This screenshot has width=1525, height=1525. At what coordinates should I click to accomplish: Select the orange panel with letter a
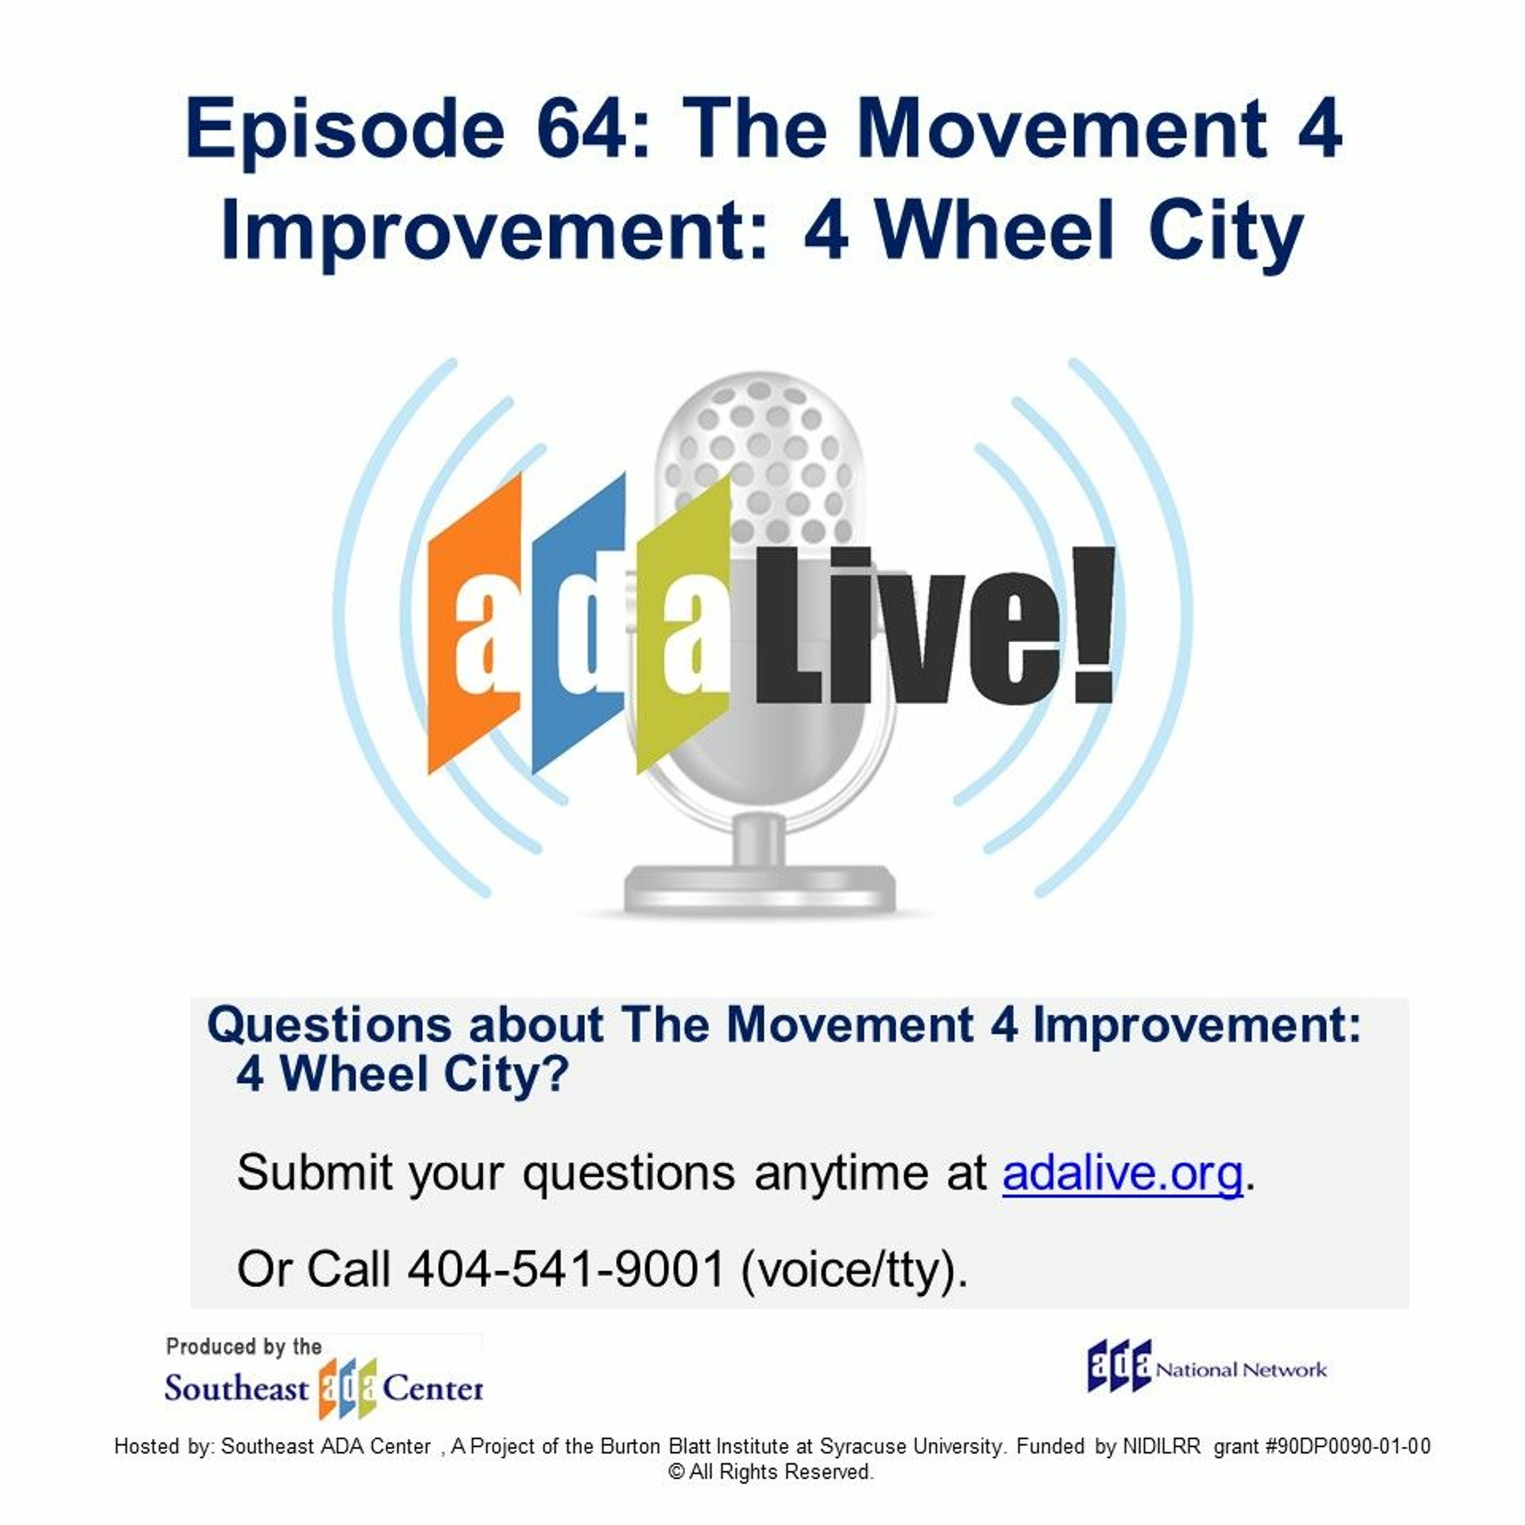(x=474, y=624)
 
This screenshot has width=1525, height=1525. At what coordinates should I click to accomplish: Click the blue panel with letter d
(x=578, y=624)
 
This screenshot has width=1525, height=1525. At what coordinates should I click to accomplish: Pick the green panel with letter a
(x=684, y=624)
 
